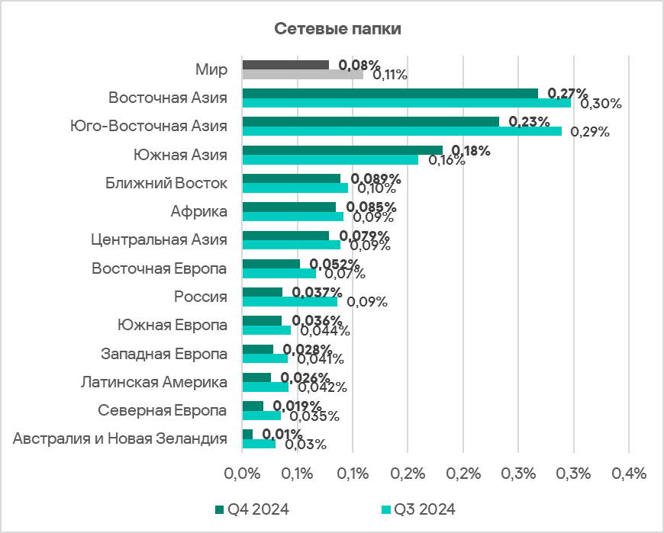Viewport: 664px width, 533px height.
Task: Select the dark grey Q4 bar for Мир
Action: [x=285, y=65]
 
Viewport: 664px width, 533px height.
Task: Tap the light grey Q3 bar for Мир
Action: [x=303, y=75]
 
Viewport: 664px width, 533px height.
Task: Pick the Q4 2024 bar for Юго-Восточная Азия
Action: [x=370, y=121]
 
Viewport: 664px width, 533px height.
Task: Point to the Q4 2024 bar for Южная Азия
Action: [x=342, y=150]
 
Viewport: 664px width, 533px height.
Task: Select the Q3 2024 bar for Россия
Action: [x=289, y=302]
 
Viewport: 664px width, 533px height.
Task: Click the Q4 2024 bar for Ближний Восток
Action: [x=291, y=178]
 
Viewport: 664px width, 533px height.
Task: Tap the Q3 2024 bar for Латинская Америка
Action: [x=265, y=387]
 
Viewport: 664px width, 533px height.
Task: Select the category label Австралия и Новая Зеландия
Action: [x=121, y=439]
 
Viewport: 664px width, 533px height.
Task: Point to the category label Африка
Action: [x=201, y=211]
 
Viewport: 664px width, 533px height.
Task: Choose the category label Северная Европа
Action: [x=163, y=410]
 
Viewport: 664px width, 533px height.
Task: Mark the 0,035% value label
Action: [x=312, y=416]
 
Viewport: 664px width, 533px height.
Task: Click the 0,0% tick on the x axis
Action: [x=242, y=474]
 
